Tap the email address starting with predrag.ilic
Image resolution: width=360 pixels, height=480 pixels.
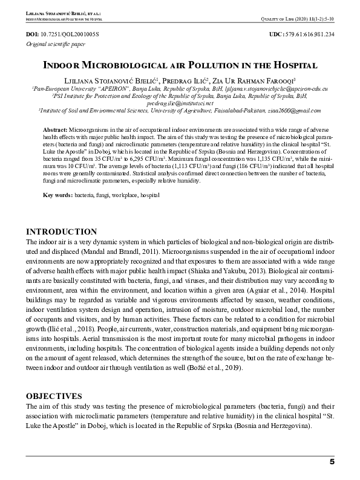coord(180,103)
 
